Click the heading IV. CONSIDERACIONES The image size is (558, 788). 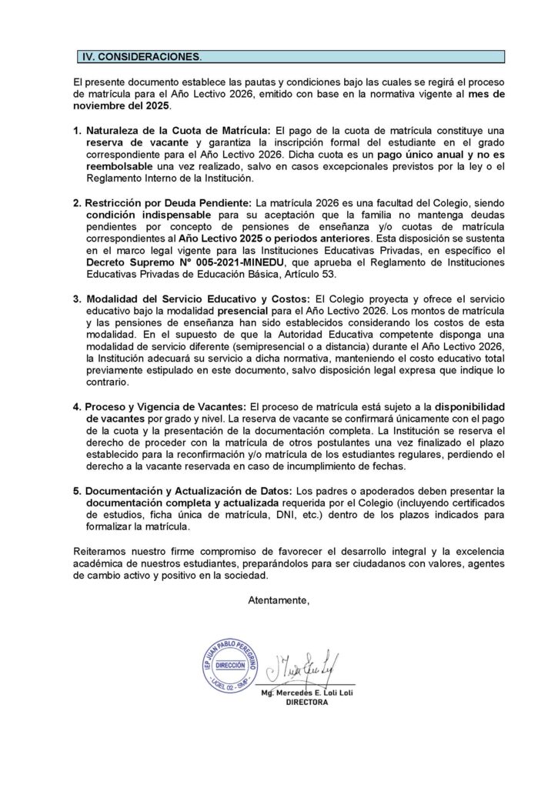coord(142,57)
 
